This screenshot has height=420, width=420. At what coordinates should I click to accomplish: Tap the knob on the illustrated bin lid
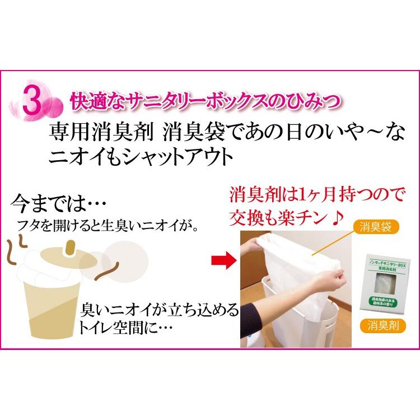click(x=71, y=246)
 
